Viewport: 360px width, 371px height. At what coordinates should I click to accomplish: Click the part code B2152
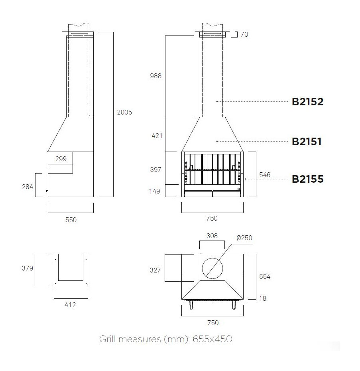307,102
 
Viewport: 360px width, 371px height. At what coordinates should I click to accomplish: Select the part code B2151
307,142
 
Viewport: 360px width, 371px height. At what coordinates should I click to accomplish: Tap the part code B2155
307,179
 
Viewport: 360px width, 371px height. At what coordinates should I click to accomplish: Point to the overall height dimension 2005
124,112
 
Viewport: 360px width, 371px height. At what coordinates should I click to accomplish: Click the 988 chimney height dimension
155,76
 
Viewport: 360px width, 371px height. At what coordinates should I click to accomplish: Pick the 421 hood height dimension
157,136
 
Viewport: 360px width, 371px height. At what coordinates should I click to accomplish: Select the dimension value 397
155,170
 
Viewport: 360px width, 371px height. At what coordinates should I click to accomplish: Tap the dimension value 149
154,191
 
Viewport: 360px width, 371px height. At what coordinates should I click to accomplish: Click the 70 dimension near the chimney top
244,34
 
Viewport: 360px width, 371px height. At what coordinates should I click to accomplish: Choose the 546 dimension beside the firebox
265,175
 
